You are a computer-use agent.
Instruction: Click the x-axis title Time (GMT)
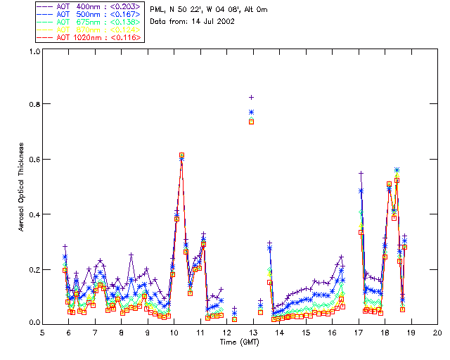pos(239,342)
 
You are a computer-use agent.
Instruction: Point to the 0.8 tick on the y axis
pos(33,104)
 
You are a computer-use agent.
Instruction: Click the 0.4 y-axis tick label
pos(33,214)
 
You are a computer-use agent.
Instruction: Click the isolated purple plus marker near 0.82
pos(251,97)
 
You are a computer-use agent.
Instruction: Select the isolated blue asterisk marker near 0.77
pos(251,112)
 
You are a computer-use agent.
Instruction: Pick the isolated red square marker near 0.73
pos(251,122)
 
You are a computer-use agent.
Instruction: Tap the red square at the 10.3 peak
pos(181,155)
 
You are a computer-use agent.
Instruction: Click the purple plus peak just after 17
pos(361,173)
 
